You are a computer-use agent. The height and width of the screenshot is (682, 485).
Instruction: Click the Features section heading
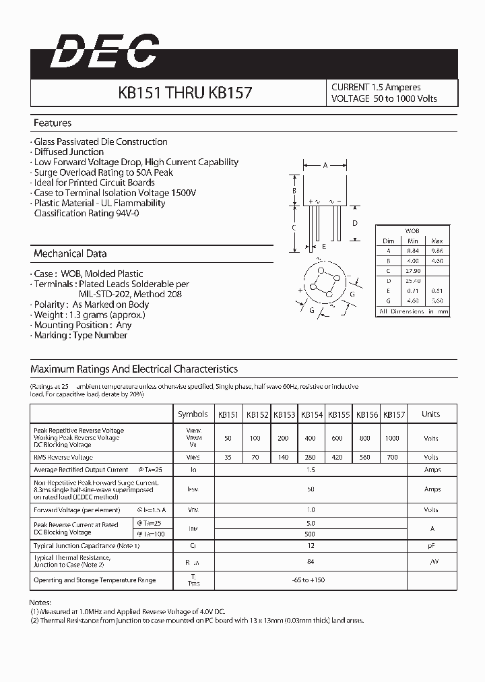point(53,123)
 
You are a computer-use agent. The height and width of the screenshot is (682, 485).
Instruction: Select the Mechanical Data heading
point(70,254)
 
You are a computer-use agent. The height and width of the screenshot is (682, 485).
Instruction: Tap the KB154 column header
point(311,414)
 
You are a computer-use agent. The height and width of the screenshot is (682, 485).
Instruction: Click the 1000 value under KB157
point(393,438)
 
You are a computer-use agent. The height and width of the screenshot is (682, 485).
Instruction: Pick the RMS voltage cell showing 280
point(310,457)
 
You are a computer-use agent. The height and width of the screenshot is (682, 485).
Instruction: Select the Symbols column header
point(193,414)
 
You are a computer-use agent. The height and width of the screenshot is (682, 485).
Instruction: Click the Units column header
point(430,414)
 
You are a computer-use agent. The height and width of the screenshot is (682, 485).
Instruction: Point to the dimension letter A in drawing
point(325,165)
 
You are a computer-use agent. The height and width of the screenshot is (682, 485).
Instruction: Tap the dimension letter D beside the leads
point(354,223)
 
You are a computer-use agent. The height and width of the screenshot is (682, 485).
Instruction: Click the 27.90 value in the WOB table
point(413,270)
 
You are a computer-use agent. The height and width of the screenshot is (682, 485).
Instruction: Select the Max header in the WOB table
point(437,241)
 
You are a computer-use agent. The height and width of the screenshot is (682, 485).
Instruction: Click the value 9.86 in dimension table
point(437,250)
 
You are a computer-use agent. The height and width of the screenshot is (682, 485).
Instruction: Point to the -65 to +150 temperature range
point(311,580)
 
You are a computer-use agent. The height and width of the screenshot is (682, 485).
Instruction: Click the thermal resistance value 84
point(311,561)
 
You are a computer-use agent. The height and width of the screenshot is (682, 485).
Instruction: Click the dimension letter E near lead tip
point(324,247)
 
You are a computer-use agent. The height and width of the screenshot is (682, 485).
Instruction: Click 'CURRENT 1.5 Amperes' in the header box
point(376,88)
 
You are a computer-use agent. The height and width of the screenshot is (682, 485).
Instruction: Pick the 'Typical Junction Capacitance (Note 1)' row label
point(86,545)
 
